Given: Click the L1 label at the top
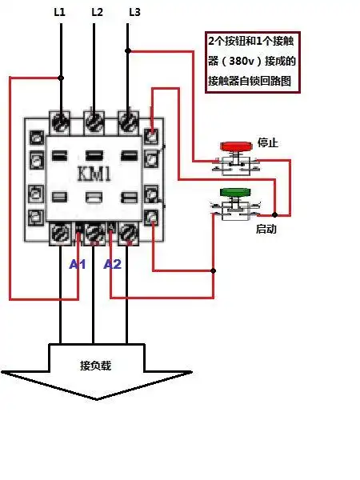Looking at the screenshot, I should pos(61,12).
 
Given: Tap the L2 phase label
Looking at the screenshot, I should pos(97,12).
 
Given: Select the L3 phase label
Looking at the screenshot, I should pos(134,12).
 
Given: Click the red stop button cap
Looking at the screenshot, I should pos(234,146).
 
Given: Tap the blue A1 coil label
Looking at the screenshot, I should pos(77,264).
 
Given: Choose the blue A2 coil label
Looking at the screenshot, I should pos(112,264).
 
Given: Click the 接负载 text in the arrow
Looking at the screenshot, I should pos(96,366).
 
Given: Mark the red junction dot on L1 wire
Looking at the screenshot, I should pos(61,78).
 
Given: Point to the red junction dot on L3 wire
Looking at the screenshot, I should pos(130,51).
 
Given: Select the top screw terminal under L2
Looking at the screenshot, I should pos(94,121).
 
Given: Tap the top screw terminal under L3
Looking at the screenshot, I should pos(128,121).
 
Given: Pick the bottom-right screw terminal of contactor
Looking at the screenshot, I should pos(128,233).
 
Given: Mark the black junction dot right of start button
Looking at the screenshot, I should pos(274,214).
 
